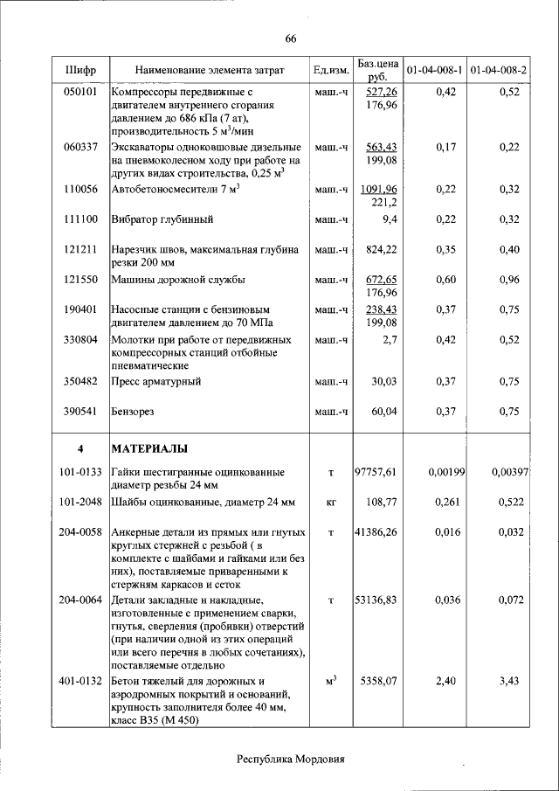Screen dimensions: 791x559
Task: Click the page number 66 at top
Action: click(291, 38)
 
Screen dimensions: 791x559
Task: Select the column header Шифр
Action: click(80, 69)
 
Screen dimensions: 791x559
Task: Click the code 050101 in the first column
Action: click(80, 92)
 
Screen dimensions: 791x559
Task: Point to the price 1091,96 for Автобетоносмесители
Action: click(379, 189)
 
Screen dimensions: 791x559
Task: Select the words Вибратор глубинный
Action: click(162, 219)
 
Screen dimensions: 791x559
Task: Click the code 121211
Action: click(80, 249)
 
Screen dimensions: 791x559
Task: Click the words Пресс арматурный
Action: click(156, 381)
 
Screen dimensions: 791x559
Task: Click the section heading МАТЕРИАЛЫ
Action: click(149, 449)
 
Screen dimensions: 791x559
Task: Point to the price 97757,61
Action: click(376, 472)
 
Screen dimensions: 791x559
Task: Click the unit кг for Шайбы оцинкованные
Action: click(331, 503)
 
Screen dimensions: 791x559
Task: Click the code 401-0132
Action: click(80, 679)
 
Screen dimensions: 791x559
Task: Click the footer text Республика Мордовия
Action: click(291, 759)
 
